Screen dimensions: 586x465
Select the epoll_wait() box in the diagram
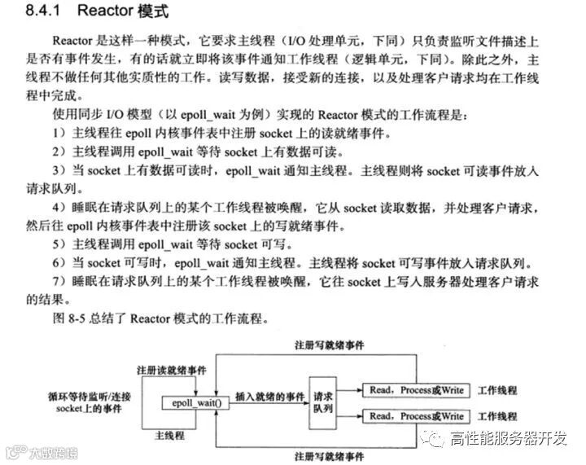[195, 402]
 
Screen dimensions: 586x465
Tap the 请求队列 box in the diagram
[322, 402]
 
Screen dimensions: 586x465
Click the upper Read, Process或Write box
[416, 390]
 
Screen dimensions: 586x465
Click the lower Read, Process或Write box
[416, 416]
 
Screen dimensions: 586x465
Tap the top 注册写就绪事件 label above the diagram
[329, 344]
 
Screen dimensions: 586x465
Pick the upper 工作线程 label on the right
[497, 390]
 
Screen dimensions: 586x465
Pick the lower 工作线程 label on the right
[497, 416]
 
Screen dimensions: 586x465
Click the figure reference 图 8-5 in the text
[69, 317]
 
